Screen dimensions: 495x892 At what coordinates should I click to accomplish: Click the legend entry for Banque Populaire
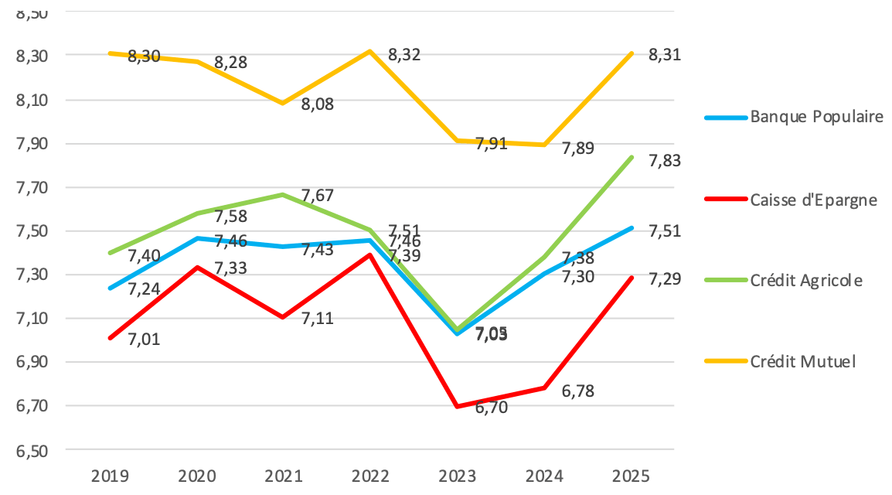[x=816, y=118]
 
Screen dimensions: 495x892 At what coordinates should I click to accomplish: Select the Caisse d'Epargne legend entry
[x=813, y=199]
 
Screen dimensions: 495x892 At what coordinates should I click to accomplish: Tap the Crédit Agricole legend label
[x=805, y=280]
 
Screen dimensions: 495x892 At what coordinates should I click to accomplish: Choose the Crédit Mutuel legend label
[x=802, y=361]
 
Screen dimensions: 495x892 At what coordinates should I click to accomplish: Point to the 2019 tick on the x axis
[x=111, y=474]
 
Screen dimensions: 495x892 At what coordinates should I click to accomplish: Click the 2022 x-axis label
[x=370, y=474]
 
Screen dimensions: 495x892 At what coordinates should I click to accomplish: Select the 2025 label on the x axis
[x=632, y=474]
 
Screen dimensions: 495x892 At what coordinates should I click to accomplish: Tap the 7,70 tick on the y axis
[x=31, y=187]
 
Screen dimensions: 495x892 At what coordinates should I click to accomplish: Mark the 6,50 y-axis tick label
[x=31, y=450]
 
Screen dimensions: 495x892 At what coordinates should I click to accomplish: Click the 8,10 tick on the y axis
[x=31, y=100]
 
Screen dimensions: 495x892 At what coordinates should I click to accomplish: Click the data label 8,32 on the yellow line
[x=404, y=55]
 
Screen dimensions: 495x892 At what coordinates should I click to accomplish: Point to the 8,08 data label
[x=318, y=104]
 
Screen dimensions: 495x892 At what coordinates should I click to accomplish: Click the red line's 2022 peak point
[x=370, y=254]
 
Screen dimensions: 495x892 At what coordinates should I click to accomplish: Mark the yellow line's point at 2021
[x=283, y=103]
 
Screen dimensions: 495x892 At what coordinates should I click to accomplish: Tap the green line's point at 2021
[x=283, y=194]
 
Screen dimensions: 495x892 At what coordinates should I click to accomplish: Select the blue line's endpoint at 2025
[x=632, y=228]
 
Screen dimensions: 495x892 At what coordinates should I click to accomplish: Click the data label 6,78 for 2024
[x=578, y=392]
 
